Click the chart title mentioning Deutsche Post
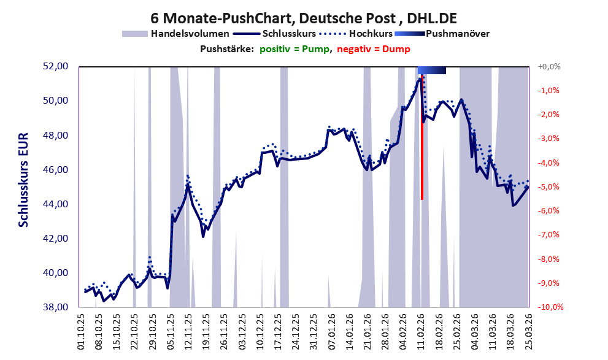[x=304, y=18]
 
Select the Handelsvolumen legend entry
[x=175, y=34]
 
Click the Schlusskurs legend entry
[x=274, y=34]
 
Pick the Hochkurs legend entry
[x=356, y=34]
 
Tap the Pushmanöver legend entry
[x=442, y=34]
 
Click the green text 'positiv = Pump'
[x=294, y=49]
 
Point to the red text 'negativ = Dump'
[x=374, y=49]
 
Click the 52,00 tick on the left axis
[x=55, y=66]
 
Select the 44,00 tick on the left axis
[x=55, y=204]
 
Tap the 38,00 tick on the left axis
[x=55, y=307]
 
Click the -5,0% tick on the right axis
[x=548, y=187]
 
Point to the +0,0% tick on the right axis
[x=549, y=67]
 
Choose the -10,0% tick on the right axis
[x=550, y=307]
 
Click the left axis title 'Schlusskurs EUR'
[x=23, y=180]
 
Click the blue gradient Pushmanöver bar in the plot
[x=431, y=70]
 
